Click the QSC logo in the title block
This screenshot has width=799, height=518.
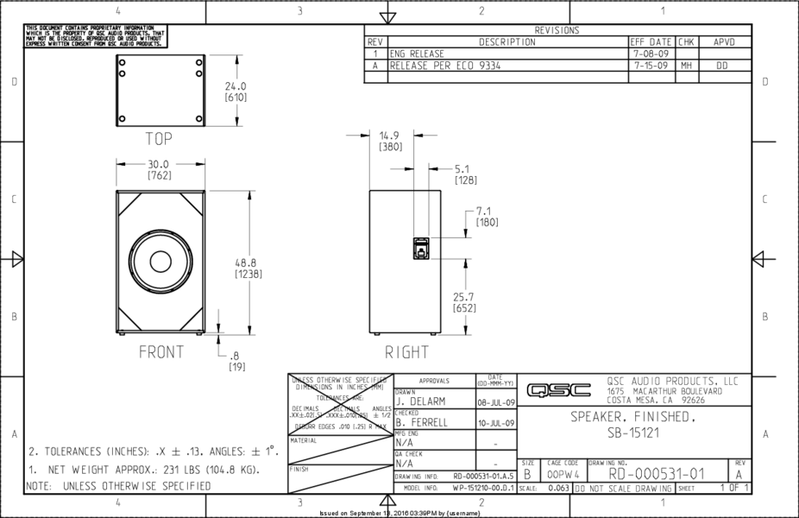559,390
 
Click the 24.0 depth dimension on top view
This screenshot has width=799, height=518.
236,86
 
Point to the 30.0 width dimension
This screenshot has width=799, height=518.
160,164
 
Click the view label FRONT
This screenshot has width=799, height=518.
161,352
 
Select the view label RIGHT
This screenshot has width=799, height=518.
406,352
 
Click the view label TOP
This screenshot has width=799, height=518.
160,137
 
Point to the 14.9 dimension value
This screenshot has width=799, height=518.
389,135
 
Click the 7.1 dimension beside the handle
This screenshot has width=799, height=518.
484,211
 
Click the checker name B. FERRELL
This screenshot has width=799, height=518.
422,423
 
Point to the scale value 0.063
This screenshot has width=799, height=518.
558,489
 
